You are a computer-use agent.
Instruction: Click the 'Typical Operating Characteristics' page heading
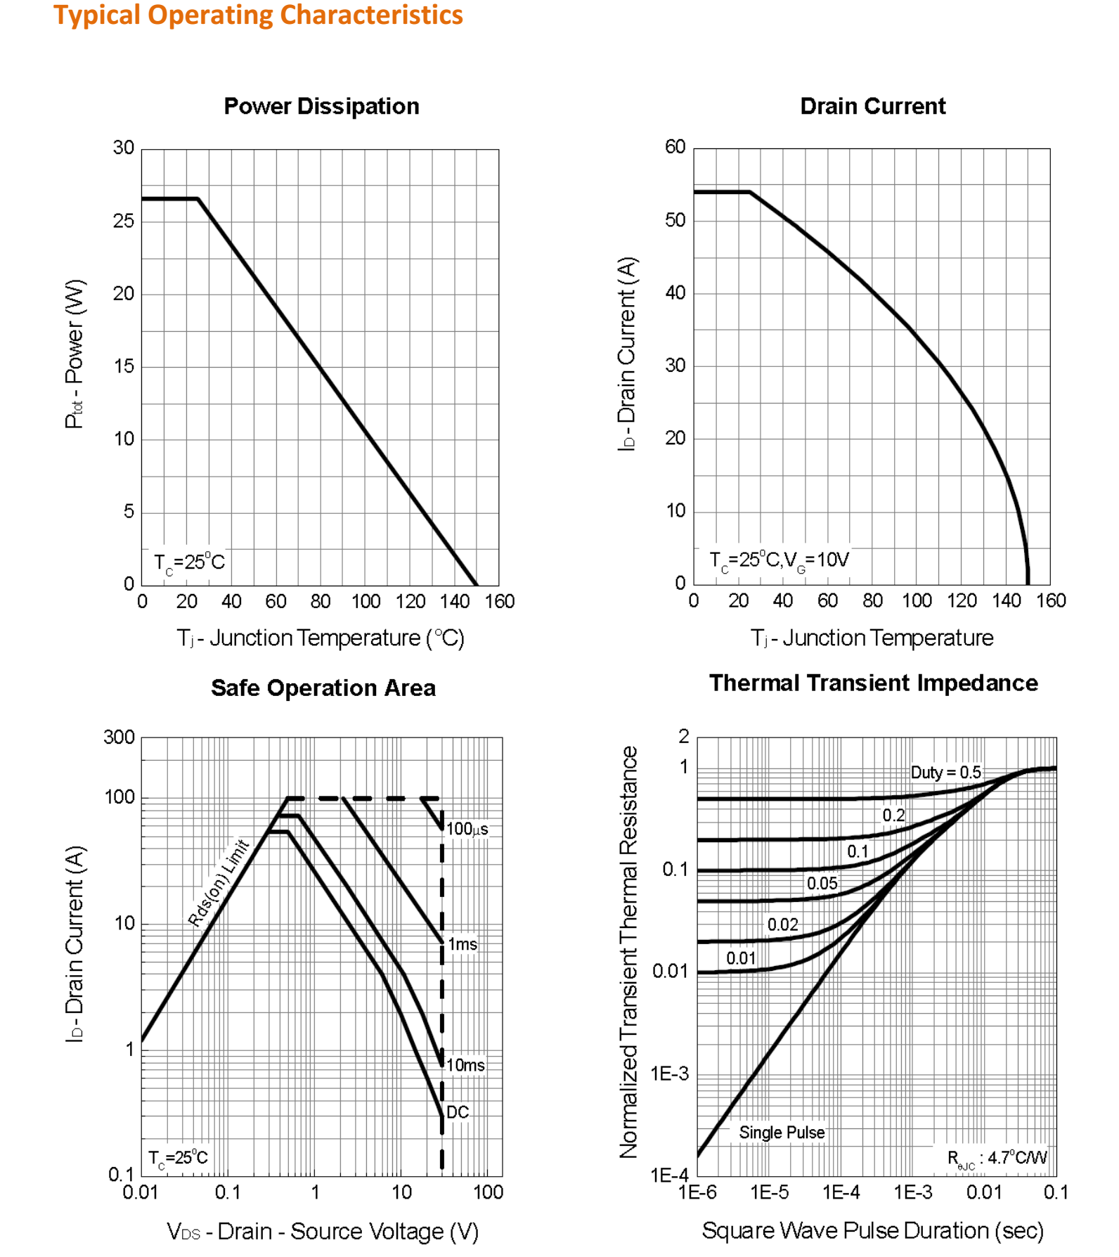(x=258, y=15)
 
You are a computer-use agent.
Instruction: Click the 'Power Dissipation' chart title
(x=321, y=106)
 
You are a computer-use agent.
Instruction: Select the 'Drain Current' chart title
(x=872, y=106)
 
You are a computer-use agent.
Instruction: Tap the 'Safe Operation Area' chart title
(x=323, y=688)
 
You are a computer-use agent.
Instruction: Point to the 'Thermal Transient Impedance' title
(x=873, y=683)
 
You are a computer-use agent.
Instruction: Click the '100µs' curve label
(x=467, y=829)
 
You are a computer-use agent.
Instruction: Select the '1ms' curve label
(x=463, y=944)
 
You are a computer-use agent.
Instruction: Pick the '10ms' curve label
(x=465, y=1065)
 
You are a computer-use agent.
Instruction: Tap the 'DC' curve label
(x=458, y=1112)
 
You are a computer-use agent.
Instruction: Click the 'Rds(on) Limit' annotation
(x=219, y=883)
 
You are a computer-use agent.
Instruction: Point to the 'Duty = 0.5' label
(x=945, y=773)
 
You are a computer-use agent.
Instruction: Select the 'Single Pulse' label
(x=782, y=1133)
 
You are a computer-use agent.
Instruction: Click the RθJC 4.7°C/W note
(x=997, y=1159)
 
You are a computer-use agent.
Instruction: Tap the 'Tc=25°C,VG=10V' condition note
(x=779, y=561)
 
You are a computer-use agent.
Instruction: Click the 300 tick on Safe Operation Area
(x=119, y=737)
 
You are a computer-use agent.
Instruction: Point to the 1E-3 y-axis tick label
(x=669, y=1074)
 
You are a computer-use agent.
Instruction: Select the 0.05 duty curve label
(x=822, y=884)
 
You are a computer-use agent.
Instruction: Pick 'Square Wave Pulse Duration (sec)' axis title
(x=872, y=1230)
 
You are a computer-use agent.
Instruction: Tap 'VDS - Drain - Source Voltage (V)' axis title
(x=323, y=1231)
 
